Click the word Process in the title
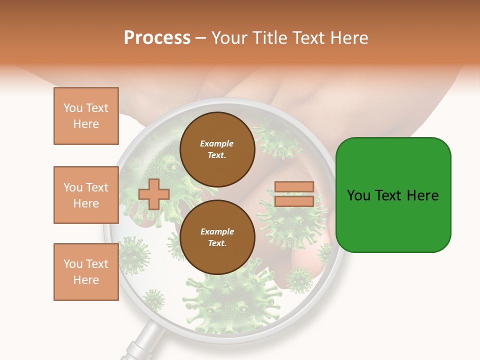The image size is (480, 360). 157,38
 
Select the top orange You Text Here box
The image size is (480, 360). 86,116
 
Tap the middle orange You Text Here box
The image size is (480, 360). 86,195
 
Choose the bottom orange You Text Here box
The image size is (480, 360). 86,272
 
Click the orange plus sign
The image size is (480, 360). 153,194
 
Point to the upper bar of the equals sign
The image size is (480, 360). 294,186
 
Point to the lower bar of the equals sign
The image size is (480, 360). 294,201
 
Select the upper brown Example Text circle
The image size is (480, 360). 217,149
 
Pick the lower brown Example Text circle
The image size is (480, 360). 217,237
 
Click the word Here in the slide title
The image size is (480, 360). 348,38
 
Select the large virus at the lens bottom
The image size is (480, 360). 220,300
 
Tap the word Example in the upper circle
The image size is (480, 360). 217,143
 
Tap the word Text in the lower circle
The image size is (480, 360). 217,243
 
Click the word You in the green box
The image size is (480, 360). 358,195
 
